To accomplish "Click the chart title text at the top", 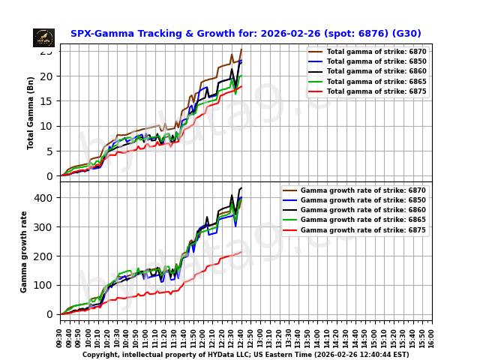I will click(245, 34).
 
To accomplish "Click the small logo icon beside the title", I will click(43, 37).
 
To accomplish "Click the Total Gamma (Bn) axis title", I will click(31, 112).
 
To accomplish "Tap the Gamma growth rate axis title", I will click(24, 251).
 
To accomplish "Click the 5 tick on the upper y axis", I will click(49, 151).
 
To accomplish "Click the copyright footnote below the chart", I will click(245, 355).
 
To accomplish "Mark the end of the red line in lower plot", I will click(241, 252).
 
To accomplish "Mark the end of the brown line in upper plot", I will click(241, 49).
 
